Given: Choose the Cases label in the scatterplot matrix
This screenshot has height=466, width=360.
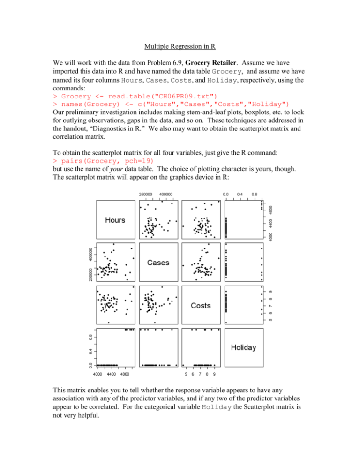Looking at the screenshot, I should coord(158,263).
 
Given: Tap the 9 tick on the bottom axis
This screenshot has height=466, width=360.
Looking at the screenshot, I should coord(214,374).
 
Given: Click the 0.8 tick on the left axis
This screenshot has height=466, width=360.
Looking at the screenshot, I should coord(91,337).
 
